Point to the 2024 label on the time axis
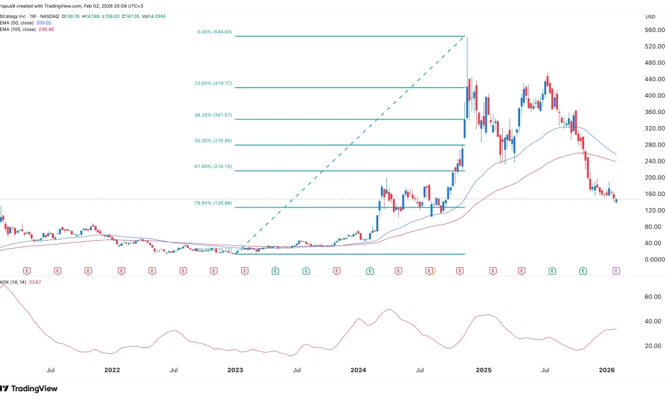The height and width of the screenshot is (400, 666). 358,369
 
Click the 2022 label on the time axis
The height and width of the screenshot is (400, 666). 111,369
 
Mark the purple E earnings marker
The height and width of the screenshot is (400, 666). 616,271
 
